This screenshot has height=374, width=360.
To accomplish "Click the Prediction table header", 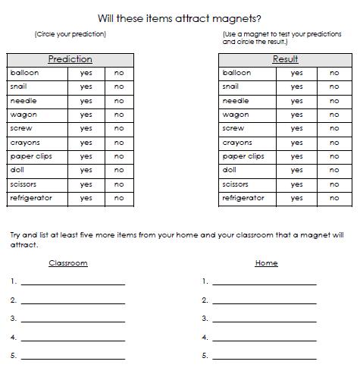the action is point(70,59).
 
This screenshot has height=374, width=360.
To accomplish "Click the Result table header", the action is point(285,59).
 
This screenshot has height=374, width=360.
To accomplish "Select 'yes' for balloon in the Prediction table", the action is point(86,74).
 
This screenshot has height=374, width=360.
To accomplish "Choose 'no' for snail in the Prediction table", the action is point(119,87).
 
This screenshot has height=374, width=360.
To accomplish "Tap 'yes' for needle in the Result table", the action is point(296,101).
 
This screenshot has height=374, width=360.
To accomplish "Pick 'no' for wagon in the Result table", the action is point(334,115).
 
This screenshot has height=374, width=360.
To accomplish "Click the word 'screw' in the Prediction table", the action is point(21,129).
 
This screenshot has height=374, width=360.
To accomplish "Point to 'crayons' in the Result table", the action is point(237,143).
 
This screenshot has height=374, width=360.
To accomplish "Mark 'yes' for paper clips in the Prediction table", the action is point(86,157).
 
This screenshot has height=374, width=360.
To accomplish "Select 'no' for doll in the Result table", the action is point(334,171).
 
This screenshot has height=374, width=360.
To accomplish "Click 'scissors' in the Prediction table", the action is point(24,184).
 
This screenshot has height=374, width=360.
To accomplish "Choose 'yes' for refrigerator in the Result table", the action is point(296,198).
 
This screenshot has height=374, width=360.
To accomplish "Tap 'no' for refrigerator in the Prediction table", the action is point(119,198).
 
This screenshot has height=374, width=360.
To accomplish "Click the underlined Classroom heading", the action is point(68,263).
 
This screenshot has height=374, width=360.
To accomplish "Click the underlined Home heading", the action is point(266,263).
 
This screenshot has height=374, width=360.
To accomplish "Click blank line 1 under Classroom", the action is point(73,282).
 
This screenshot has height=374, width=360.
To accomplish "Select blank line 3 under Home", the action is point(264,319).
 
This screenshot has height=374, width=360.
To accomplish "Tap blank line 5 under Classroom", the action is point(73,357).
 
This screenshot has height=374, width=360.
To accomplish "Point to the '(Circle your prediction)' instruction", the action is point(70,35).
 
